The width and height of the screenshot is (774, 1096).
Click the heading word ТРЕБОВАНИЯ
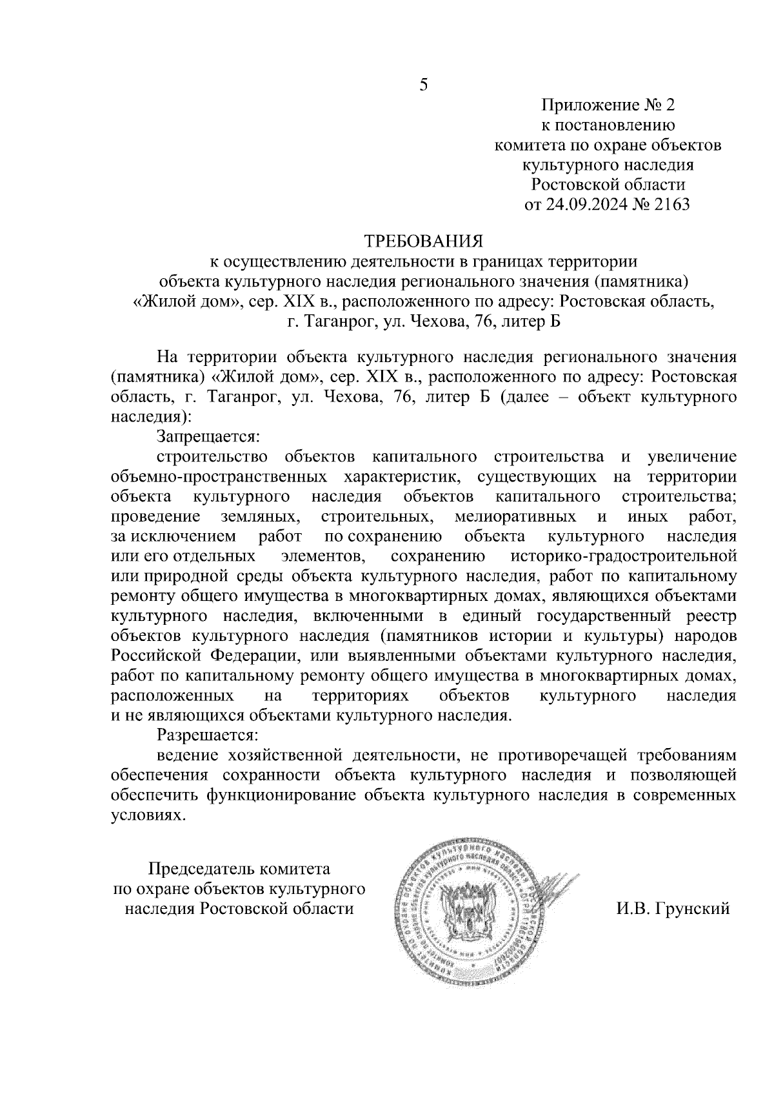click(424, 242)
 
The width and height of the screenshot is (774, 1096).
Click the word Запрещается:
click(207, 436)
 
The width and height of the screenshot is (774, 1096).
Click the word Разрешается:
click(207, 735)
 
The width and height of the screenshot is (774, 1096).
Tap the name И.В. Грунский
click(673, 908)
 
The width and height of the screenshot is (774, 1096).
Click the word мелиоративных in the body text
click(515, 516)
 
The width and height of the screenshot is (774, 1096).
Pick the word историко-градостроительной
click(623, 556)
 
